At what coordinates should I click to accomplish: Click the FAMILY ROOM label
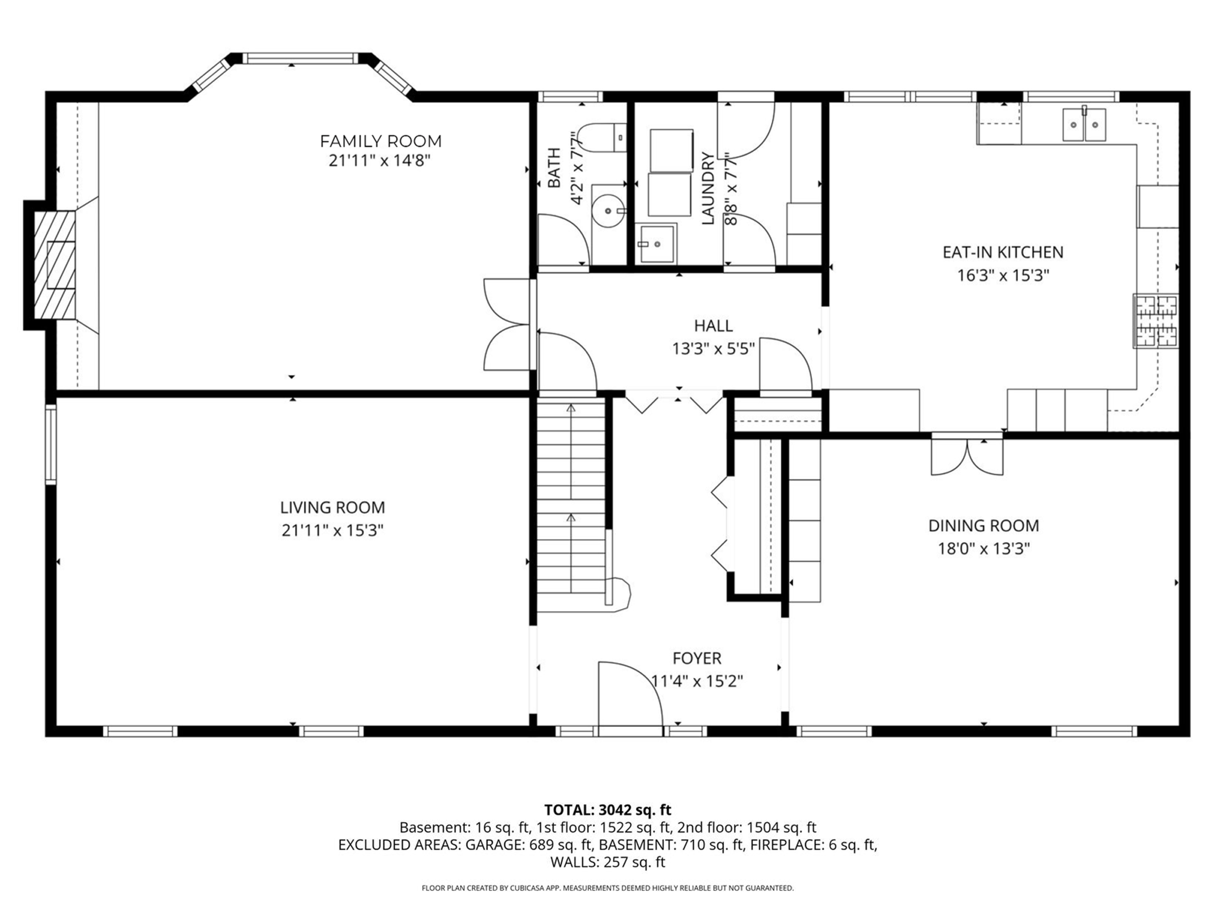(380, 142)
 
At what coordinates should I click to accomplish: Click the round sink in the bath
(608, 211)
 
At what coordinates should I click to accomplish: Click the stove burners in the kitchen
(1155, 321)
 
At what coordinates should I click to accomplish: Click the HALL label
(713, 326)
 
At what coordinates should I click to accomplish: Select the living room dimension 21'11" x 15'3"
(333, 530)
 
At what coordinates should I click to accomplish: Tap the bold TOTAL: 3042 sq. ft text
(608, 810)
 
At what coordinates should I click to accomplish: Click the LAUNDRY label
(708, 189)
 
